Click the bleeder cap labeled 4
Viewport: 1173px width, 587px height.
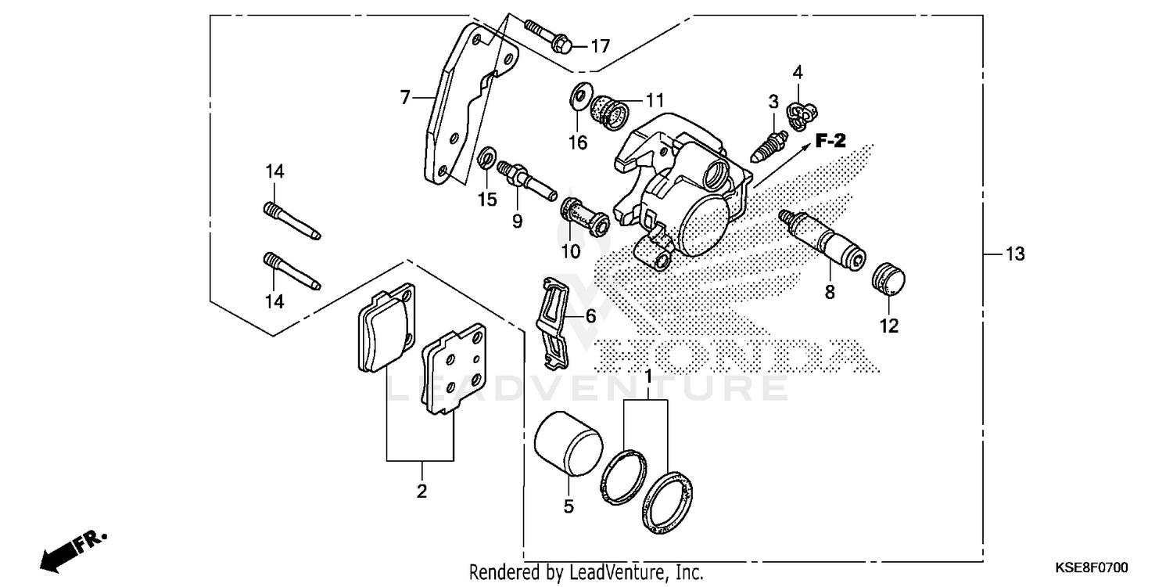pyautogui.click(x=799, y=115)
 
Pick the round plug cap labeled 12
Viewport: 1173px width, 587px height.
pyautogui.click(x=888, y=281)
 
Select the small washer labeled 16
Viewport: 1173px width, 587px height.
pyautogui.click(x=579, y=96)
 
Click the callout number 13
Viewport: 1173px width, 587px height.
pyautogui.click(x=1014, y=254)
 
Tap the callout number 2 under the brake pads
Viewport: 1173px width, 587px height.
pyautogui.click(x=421, y=492)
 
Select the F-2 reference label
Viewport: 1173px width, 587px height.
pyautogui.click(x=831, y=141)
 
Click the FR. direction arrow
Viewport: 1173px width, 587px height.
pyautogui.click(x=70, y=548)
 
